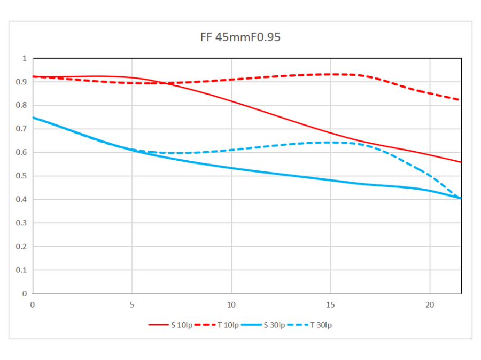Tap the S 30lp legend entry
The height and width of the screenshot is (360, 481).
(261, 325)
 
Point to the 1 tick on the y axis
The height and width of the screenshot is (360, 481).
(24, 58)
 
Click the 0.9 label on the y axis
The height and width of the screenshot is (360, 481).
(21, 82)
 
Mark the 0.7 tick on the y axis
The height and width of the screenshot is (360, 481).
(21, 129)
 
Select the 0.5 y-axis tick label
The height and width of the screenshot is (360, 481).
(21, 176)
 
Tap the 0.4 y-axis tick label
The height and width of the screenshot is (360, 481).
(21, 199)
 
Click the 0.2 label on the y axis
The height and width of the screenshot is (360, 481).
(21, 246)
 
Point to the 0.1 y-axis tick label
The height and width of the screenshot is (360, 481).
(21, 270)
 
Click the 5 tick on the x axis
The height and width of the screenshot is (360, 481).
(132, 304)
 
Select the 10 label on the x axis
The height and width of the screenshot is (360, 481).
(231, 304)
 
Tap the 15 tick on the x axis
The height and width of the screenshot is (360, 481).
(330, 304)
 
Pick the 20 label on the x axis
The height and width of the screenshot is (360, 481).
(430, 304)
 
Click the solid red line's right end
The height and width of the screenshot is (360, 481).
(461, 162)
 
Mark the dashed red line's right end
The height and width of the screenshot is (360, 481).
(461, 100)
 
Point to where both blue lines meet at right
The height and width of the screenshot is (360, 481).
(461, 198)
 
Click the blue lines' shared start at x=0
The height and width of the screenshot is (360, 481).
(33, 117)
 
